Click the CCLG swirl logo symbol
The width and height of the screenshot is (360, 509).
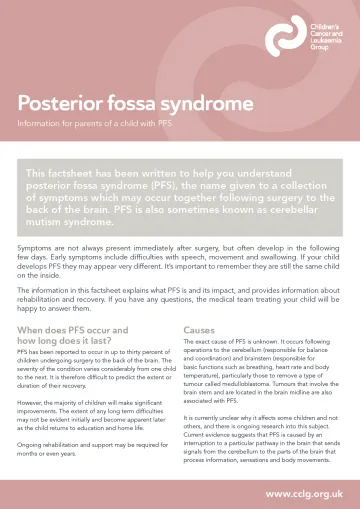pos(285,37)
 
